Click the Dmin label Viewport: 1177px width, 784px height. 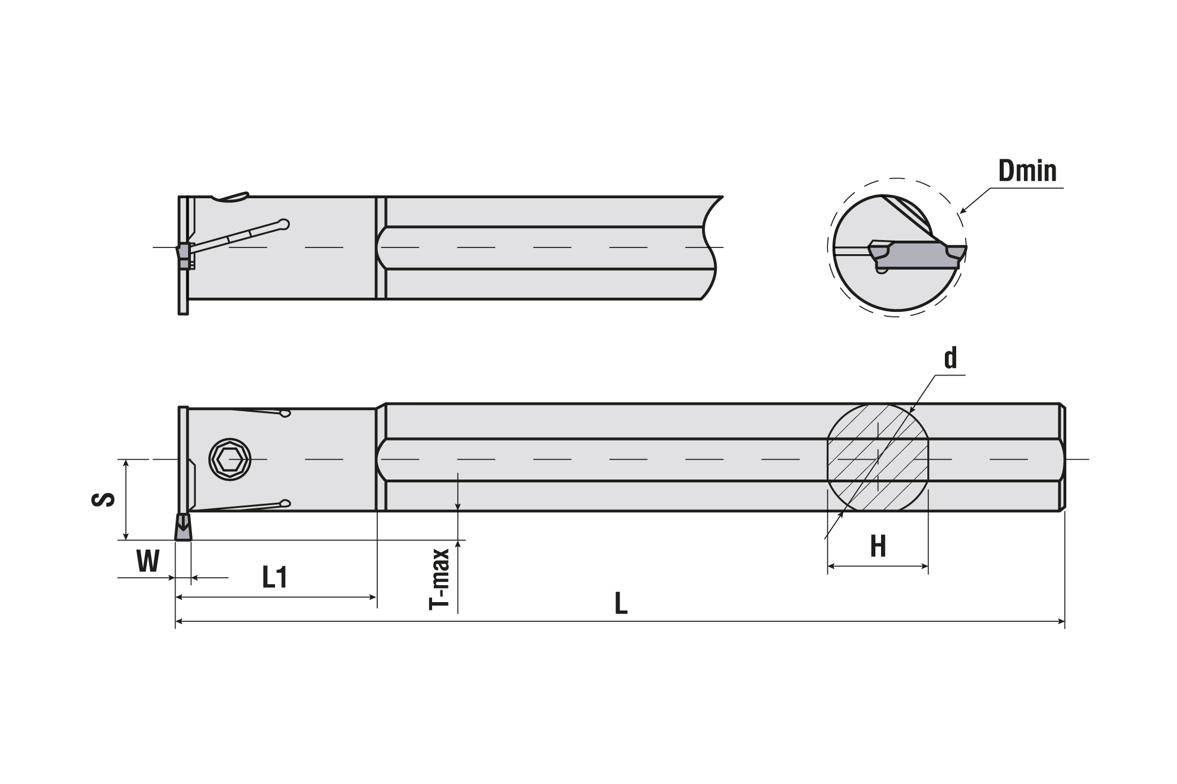tap(1027, 171)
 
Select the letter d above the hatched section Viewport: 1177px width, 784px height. tap(951, 358)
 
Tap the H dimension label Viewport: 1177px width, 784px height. tap(877, 546)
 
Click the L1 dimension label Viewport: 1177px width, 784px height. tap(275, 578)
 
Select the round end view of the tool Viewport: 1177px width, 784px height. tap(897, 253)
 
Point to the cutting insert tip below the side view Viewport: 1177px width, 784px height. tap(183, 526)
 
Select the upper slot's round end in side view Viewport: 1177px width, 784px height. tap(285, 414)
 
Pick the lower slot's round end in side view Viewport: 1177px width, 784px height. tap(285, 503)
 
